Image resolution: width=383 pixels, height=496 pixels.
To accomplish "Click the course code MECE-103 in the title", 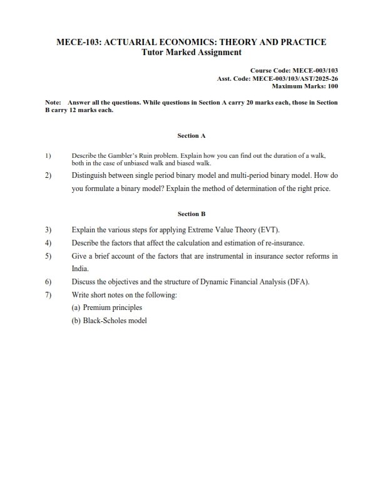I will click(78, 42).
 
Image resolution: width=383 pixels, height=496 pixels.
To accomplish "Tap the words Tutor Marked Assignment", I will click(191, 52).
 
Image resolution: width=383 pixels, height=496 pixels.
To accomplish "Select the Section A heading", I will click(191, 135).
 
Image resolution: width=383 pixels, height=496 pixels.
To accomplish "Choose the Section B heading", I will click(191, 214).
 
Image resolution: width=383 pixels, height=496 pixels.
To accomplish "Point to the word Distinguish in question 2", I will click(91, 175).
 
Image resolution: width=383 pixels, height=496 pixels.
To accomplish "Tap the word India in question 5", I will click(81, 269).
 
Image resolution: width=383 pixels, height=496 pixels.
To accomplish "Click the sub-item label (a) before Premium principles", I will click(76, 308).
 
